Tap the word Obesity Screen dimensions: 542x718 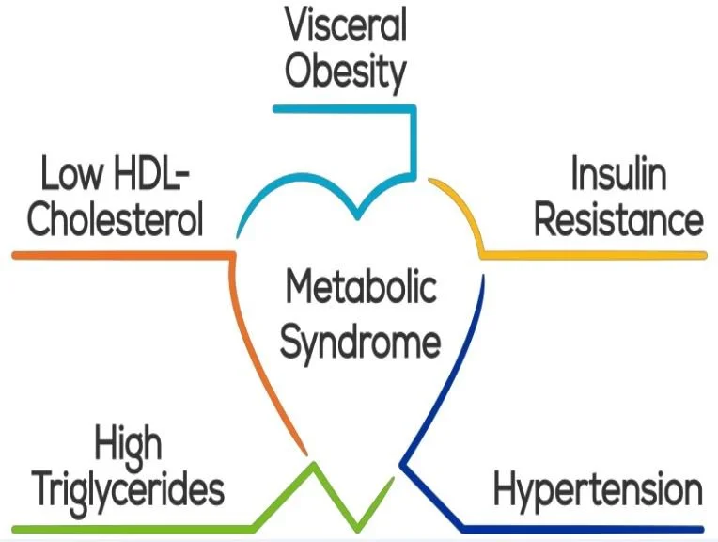coord(346,73)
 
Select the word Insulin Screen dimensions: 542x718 coord(617,175)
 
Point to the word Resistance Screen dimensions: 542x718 coord(617,220)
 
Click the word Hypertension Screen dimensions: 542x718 coord(598,491)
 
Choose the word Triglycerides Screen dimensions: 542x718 coord(128,491)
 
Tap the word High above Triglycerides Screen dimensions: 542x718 coord(128,444)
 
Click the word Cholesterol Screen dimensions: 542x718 coord(116,220)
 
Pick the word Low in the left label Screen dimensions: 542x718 coord(69,175)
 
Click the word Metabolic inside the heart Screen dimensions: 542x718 coord(361,287)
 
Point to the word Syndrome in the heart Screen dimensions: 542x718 coord(361,341)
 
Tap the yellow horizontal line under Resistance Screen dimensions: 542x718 coord(601,254)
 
